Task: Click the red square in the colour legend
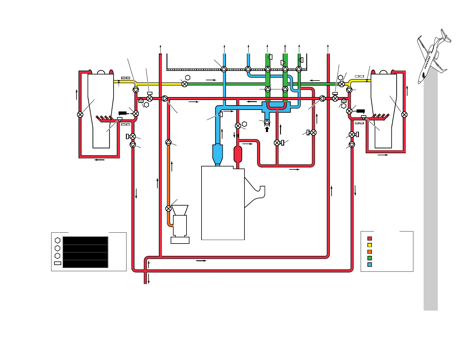click(370, 239)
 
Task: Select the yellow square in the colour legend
click(370, 245)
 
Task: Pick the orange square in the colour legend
click(370, 252)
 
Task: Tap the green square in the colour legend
click(370, 258)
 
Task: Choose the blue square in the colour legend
click(370, 264)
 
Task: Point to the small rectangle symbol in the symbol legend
click(58, 263)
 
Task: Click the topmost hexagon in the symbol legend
click(58, 241)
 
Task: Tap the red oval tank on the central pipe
click(238, 154)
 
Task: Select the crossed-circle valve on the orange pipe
click(168, 209)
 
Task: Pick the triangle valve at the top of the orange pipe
click(168, 142)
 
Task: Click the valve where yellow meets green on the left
click(184, 84)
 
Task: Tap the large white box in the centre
click(223, 203)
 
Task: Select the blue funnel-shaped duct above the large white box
click(217, 154)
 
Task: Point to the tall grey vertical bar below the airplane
click(430, 191)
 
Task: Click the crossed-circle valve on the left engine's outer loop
click(80, 115)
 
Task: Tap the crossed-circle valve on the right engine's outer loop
click(404, 115)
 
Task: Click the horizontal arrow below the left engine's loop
click(99, 160)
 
